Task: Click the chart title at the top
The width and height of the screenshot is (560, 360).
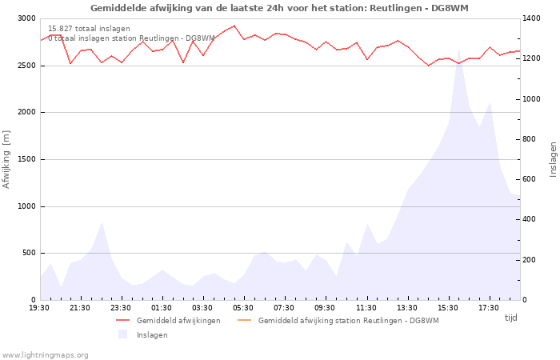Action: (279, 8)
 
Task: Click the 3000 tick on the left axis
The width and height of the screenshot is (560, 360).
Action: (26, 18)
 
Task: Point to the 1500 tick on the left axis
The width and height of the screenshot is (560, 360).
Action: (26, 159)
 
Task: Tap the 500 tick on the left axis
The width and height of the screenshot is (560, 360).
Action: (28, 253)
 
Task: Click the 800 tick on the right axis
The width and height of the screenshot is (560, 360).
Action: (532, 139)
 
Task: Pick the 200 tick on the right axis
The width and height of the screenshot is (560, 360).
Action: (532, 260)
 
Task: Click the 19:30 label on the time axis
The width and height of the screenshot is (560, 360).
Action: (39, 307)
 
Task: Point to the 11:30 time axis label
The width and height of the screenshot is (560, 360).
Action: (366, 307)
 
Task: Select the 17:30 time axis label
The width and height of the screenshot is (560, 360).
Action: (489, 307)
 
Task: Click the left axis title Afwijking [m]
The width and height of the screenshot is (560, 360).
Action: (6, 158)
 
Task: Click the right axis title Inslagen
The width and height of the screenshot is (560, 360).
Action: (553, 158)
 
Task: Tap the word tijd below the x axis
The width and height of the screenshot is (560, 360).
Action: (511, 318)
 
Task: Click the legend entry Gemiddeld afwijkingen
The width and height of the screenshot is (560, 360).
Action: (178, 321)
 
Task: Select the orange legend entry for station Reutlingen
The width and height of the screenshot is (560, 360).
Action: (348, 321)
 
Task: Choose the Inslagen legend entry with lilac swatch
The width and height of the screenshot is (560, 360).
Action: (152, 334)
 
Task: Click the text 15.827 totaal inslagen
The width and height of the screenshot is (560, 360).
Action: (89, 29)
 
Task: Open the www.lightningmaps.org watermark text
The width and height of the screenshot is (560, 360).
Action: (45, 355)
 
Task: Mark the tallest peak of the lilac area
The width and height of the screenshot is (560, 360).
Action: (459, 50)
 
